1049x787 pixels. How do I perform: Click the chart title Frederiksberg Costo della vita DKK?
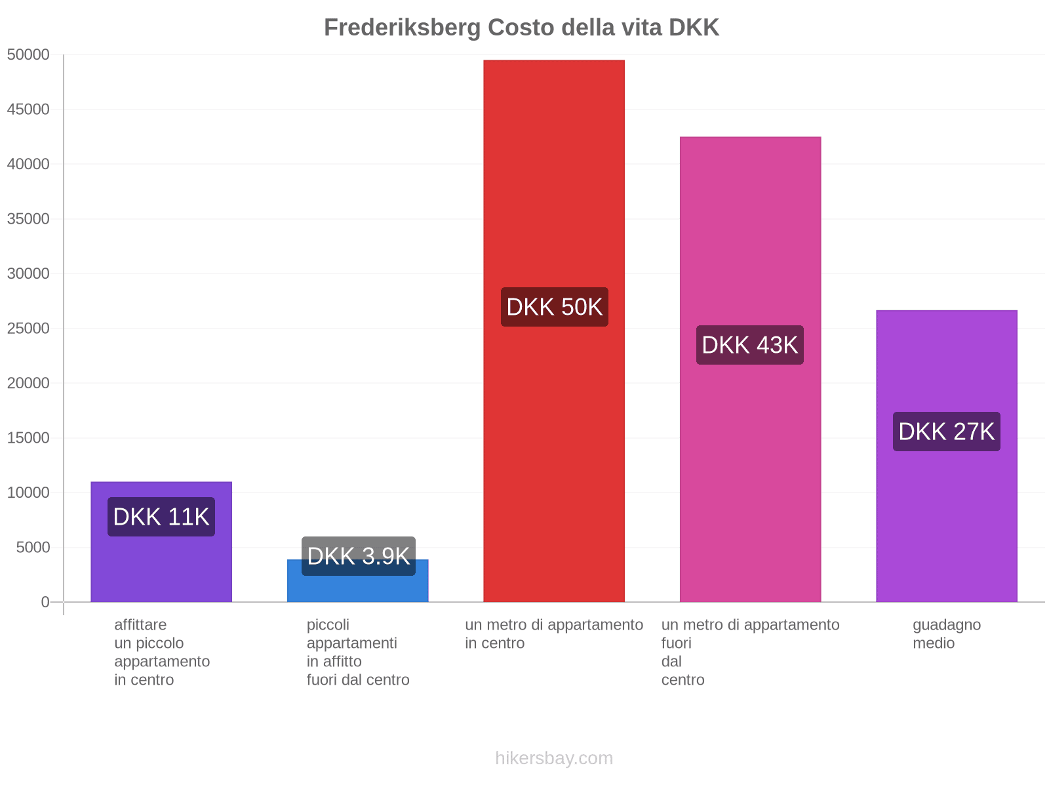pyautogui.click(x=521, y=28)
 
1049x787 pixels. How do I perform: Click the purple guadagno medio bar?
pyautogui.click(x=946, y=525)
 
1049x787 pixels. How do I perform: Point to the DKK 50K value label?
pyautogui.click(x=555, y=307)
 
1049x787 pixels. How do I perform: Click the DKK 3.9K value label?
pyautogui.click(x=358, y=556)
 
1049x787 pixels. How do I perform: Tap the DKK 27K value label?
pyautogui.click(x=946, y=432)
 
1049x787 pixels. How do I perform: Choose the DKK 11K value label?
pyautogui.click(x=161, y=517)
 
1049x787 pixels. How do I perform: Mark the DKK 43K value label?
pyautogui.click(x=750, y=345)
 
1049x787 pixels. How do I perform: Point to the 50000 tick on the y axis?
pyautogui.click(x=28, y=55)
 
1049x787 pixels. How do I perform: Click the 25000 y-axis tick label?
pyautogui.click(x=28, y=329)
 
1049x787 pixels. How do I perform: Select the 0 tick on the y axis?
pyautogui.click(x=45, y=602)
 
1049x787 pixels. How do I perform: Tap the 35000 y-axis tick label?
pyautogui.click(x=28, y=219)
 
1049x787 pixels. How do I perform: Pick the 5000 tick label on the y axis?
pyautogui.click(x=33, y=548)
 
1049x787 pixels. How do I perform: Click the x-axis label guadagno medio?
pyautogui.click(x=946, y=634)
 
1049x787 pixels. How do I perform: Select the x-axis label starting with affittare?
pyautogui.click(x=161, y=652)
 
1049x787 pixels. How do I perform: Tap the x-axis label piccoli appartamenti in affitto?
pyautogui.click(x=357, y=652)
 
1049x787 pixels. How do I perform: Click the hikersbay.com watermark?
pyautogui.click(x=554, y=758)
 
